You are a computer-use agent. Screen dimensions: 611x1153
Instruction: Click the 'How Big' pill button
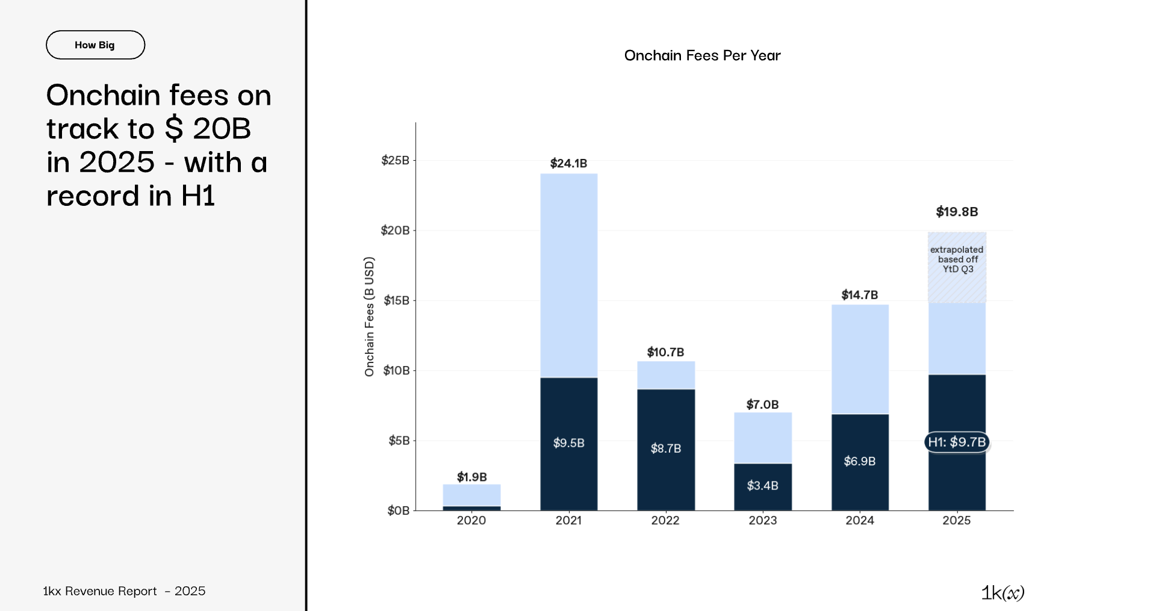[95, 45]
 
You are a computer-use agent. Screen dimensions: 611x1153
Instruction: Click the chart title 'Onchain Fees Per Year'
[702, 55]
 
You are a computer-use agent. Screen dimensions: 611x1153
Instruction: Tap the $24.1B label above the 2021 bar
[568, 163]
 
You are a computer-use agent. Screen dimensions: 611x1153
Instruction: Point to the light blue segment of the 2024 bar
[860, 359]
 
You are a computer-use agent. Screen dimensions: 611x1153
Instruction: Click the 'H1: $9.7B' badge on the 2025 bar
[956, 442]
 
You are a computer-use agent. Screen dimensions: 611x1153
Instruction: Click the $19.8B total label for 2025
[956, 211]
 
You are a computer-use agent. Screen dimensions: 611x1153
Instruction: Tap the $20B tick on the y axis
[396, 230]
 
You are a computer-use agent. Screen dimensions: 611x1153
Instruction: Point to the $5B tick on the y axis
[399, 441]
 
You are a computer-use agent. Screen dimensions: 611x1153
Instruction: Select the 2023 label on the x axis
[762, 520]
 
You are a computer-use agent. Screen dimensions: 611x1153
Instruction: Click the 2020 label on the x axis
[471, 520]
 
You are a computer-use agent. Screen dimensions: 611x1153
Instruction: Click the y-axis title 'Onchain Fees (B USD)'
[369, 317]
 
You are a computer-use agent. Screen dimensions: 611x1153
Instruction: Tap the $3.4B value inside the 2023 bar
[762, 485]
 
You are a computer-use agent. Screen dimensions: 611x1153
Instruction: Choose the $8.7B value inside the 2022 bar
[665, 448]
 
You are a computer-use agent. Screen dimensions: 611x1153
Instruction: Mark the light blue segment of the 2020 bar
[471, 495]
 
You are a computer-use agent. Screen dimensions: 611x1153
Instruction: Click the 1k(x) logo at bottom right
[1002, 593]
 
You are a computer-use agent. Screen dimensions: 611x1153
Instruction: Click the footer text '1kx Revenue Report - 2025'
[124, 591]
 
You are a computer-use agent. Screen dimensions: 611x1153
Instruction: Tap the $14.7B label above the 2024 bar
[859, 295]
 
